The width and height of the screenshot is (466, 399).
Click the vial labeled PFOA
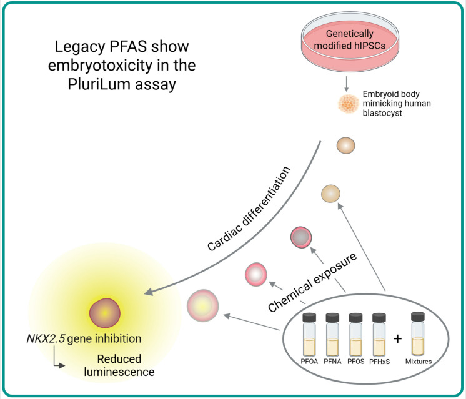[309, 335]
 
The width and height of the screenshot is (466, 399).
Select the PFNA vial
[332, 335]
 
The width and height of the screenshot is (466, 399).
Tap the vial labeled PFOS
[355, 335]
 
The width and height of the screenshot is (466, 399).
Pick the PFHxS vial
[379, 335]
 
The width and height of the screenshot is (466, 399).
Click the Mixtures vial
[418, 334]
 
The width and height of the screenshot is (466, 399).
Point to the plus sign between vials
[397, 338]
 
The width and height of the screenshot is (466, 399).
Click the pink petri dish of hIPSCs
[350, 42]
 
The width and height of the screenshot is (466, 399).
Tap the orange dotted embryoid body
[349, 104]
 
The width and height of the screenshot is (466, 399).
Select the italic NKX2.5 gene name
[46, 338]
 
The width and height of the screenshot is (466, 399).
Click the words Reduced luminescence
[119, 365]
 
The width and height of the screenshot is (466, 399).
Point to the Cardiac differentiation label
[249, 209]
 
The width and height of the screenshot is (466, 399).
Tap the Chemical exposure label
[312, 282]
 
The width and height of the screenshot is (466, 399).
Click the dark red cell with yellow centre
[105, 313]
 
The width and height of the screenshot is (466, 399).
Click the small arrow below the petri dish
[346, 84]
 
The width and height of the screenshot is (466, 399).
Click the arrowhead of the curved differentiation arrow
[149, 292]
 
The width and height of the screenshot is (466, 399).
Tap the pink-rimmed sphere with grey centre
[301, 237]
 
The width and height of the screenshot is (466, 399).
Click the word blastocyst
[382, 113]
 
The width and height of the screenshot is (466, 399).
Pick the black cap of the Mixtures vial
[418, 317]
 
